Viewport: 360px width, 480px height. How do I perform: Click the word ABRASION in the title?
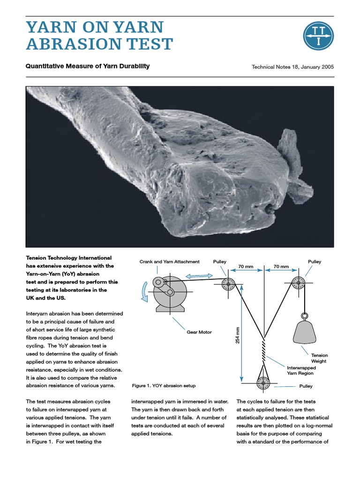pos(71,45)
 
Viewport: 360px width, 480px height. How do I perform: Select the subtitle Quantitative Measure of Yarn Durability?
pos(88,66)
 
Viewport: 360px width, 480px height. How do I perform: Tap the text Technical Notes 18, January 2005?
pos(292,67)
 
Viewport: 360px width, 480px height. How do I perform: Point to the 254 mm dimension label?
pos(237,336)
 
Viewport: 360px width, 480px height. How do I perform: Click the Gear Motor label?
pos(199,332)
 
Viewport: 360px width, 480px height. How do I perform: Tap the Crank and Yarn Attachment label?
pos(169,262)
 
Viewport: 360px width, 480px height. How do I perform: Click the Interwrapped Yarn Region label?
pos(300,370)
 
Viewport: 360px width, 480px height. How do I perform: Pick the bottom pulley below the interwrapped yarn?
pos(263,383)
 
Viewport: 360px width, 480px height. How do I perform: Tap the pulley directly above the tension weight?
pos(299,283)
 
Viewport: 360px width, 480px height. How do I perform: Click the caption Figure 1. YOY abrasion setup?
pos(164,386)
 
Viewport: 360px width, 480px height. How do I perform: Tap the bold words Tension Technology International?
pos(68,258)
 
